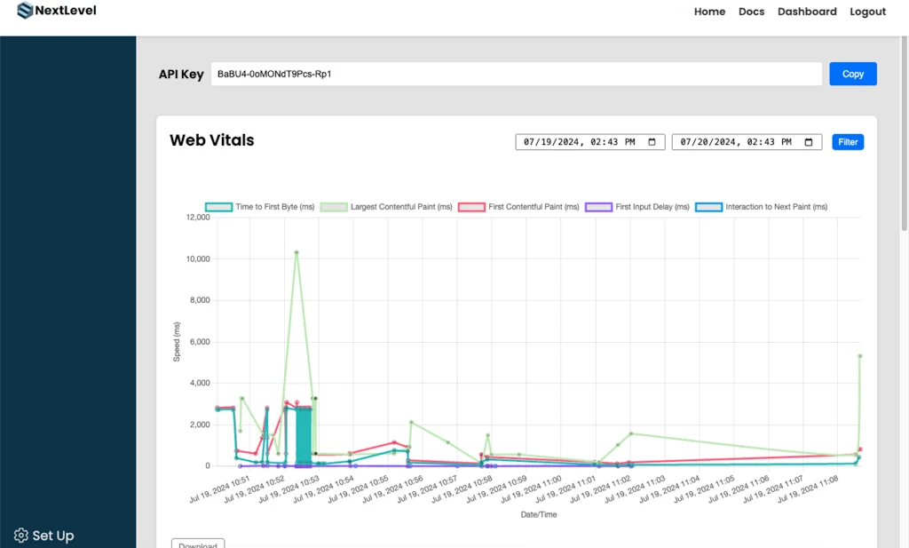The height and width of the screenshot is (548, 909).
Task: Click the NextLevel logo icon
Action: [24, 12]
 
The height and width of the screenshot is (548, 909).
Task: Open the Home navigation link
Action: [709, 12]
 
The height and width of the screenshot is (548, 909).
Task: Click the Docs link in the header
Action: [751, 12]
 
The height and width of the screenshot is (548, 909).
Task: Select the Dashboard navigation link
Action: [807, 12]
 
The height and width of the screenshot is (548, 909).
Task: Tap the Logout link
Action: [867, 12]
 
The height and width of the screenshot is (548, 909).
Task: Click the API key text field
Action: [516, 74]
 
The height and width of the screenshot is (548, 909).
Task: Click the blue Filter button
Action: [848, 142]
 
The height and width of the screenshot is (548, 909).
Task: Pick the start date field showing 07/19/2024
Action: [589, 142]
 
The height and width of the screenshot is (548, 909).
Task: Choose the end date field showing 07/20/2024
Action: [747, 142]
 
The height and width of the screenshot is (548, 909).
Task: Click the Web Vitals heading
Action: [211, 140]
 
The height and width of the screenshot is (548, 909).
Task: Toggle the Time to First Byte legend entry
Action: [260, 207]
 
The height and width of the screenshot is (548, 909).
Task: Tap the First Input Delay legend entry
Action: [637, 207]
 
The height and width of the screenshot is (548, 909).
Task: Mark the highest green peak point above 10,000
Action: [296, 252]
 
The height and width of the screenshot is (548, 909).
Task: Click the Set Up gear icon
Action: [21, 536]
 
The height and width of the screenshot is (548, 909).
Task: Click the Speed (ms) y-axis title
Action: [177, 342]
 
